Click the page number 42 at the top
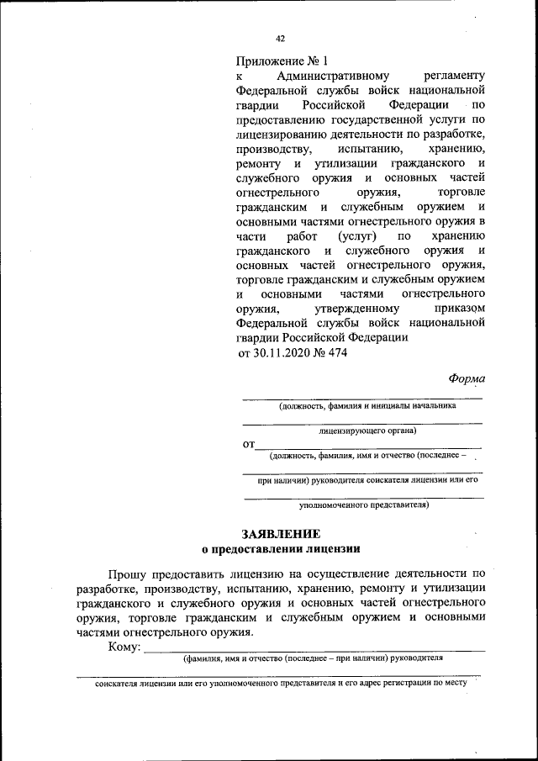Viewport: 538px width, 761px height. [281, 38]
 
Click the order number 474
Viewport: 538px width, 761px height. [335, 353]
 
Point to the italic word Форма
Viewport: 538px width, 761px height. [467, 378]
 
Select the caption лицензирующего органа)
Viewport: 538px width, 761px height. [368, 431]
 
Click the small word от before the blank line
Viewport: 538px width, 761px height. [248, 443]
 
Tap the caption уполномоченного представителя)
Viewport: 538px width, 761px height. [364, 505]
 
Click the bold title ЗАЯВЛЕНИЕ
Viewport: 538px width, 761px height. [281, 533]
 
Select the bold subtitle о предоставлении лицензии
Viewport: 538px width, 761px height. [281, 549]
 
